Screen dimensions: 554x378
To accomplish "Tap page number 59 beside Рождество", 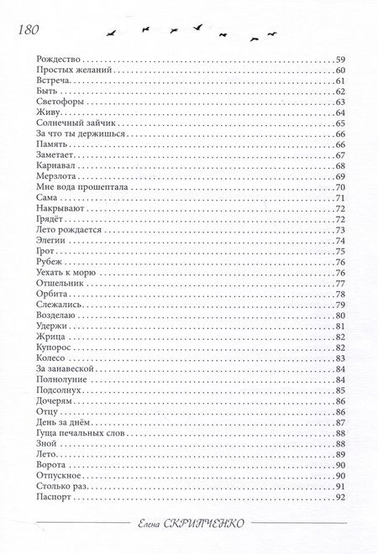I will click(341, 59).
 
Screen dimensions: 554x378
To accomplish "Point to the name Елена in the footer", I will click(155, 522).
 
